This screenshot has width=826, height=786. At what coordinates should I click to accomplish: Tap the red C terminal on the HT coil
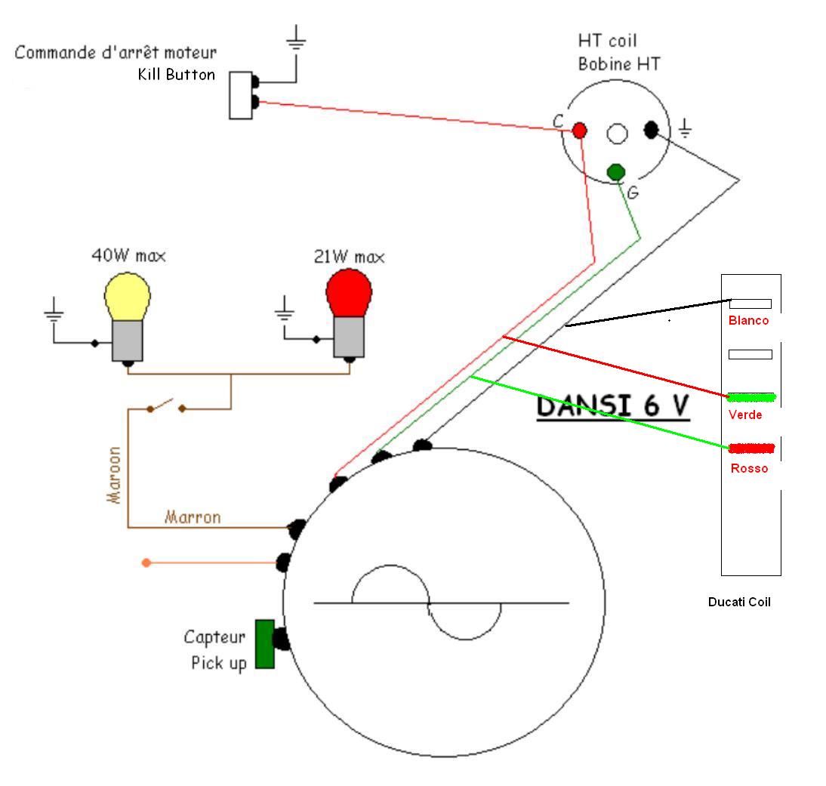pyautogui.click(x=579, y=130)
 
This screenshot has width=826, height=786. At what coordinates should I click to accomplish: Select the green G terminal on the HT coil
pyautogui.click(x=615, y=171)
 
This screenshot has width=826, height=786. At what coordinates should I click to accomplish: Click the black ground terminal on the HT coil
pyautogui.click(x=651, y=130)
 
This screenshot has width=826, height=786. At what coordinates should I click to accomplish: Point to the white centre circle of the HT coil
pyautogui.click(x=617, y=134)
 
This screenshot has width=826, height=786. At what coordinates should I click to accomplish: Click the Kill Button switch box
pyautogui.click(x=240, y=94)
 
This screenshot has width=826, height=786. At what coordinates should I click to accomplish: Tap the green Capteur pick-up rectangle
pyautogui.click(x=264, y=643)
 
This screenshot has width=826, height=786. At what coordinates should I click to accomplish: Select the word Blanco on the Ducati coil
pyautogui.click(x=748, y=320)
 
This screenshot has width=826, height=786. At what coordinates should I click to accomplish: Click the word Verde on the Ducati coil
pyautogui.click(x=745, y=415)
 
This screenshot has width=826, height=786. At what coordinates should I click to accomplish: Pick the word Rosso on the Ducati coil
pyautogui.click(x=749, y=468)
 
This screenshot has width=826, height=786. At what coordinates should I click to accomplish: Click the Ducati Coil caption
pyautogui.click(x=739, y=602)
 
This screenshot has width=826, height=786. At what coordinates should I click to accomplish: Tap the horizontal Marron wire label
pyautogui.click(x=193, y=517)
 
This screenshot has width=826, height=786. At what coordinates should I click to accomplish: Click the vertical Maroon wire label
pyautogui.click(x=115, y=476)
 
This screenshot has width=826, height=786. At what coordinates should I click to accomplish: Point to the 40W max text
pyautogui.click(x=128, y=256)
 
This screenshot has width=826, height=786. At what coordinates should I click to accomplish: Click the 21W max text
pyautogui.click(x=349, y=257)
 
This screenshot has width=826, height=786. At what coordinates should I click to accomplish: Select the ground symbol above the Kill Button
pyautogui.click(x=295, y=40)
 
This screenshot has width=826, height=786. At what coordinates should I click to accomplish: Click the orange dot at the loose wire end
pyautogui.click(x=146, y=563)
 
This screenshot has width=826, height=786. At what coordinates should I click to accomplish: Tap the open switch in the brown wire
pyautogui.click(x=167, y=406)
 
